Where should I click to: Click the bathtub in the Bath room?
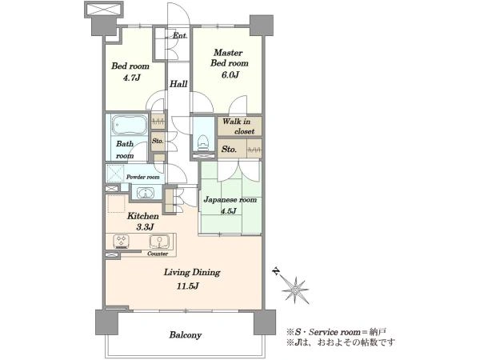pos(129,125)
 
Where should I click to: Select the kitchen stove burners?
pos(122,242)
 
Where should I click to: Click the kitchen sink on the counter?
pos(159,242)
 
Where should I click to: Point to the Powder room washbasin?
pos(146,194)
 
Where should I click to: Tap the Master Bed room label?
pos(230,58)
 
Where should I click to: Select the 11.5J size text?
pos(188,286)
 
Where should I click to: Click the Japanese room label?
pos(230,200)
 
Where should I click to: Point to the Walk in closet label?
pos(238,126)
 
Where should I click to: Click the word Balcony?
pos(186,335)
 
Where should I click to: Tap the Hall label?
pos(178,84)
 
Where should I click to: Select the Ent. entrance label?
pos(180,35)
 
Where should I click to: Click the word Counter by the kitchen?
pos(158,254)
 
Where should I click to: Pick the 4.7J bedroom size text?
pos(132,78)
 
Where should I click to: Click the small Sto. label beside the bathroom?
pos(158,141)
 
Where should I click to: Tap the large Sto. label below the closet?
pos(229,150)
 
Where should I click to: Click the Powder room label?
pos(143,178)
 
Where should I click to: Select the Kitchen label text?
pos(143,216)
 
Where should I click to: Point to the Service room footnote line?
pos(337,332)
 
